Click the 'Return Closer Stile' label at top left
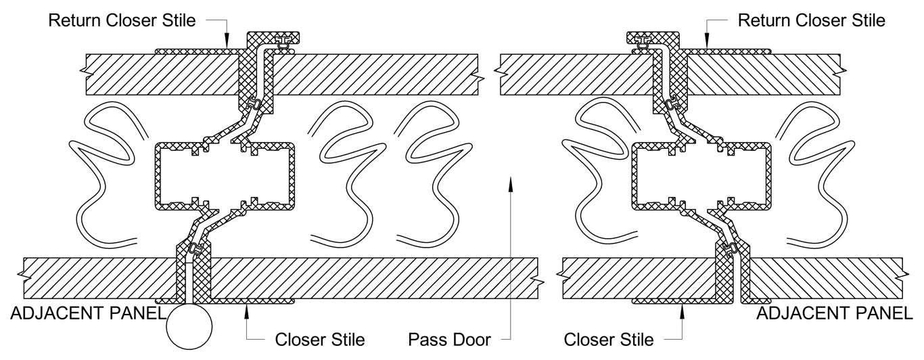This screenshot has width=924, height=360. click(122, 20)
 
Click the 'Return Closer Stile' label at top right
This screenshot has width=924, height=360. click(811, 20)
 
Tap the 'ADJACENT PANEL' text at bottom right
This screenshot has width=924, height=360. click(834, 313)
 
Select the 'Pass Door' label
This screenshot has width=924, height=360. click(450, 339)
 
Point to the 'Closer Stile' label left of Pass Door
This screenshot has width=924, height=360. click(320, 339)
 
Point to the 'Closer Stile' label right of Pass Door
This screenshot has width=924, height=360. click(609, 339)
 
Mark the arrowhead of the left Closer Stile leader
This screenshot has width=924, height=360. click(248, 309)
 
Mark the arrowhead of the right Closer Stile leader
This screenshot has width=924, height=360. click(682, 309)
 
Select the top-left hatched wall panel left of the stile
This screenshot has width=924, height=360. click(162, 73)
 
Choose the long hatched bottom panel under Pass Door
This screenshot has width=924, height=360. click(372, 277)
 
